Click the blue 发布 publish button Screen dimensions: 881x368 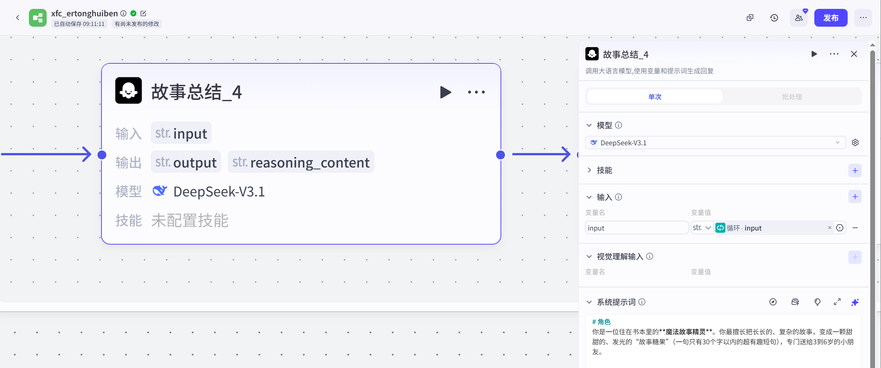point(830,18)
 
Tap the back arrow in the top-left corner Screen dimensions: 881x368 point(17,18)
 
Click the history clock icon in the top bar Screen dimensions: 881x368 point(774,18)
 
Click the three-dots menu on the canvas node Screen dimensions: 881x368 point(476,92)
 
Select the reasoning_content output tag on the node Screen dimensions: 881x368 point(301,162)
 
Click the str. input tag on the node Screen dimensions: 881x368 point(181,133)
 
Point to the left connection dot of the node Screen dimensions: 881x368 point(102,155)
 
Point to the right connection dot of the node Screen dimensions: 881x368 point(500,155)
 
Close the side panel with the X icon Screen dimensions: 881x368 point(854,54)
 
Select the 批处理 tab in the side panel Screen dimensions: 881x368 point(792,97)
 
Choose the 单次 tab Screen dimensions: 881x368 point(655,97)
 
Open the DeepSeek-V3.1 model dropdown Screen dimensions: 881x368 point(715,143)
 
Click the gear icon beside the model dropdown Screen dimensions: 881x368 point(855,143)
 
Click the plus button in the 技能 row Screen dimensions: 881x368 point(855,170)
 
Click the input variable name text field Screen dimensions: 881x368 point(636,228)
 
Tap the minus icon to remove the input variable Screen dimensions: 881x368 point(855,228)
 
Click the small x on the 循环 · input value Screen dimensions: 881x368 point(830,228)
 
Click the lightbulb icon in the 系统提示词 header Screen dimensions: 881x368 point(817,302)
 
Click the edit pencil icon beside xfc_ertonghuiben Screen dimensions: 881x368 point(143,13)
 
